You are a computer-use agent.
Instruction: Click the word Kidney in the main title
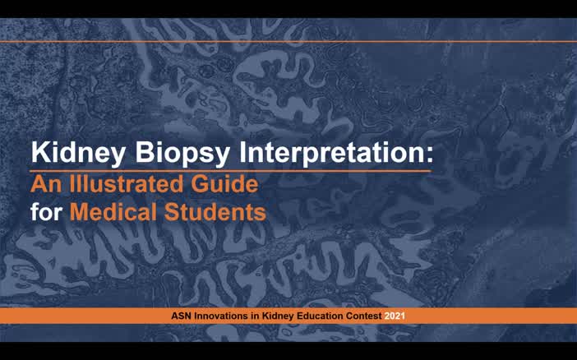(x=73, y=153)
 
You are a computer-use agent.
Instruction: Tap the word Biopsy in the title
(x=178, y=153)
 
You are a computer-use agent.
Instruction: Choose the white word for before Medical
(x=47, y=211)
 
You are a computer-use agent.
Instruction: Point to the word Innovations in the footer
(x=219, y=316)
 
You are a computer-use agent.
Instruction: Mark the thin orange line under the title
(x=230, y=170)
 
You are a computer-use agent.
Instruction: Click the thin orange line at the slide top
(x=288, y=41)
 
